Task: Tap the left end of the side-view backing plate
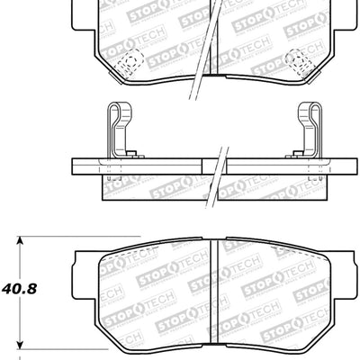coord(76,167)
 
